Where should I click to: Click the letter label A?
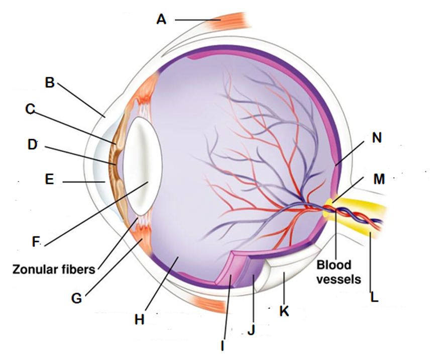coord(161,20)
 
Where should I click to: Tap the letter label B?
coord(49,82)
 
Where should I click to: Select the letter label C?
coord(30,109)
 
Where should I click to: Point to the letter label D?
coord(33,145)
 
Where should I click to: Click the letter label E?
coord(49,179)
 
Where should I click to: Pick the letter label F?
coord(36,242)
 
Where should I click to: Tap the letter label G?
coord(76,299)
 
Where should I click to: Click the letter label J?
coord(251,330)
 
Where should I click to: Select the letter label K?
coord(284,311)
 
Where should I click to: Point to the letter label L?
coord(374,298)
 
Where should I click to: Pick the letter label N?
coord(376,138)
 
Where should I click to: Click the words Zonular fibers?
coord(54,269)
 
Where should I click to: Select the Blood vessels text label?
coord(338,272)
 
